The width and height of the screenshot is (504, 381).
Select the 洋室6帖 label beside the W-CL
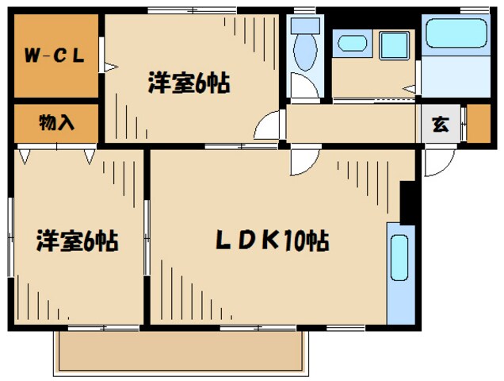click(189, 83)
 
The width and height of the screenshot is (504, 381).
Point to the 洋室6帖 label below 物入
click(77, 241)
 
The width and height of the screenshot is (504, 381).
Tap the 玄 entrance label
click(439, 123)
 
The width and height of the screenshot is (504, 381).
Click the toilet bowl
click(304, 52)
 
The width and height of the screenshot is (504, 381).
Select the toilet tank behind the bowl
click(304, 24)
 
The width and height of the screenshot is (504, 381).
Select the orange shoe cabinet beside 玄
click(478, 123)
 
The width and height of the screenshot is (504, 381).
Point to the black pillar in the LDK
click(408, 202)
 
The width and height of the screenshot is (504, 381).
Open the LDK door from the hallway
click(303, 161)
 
